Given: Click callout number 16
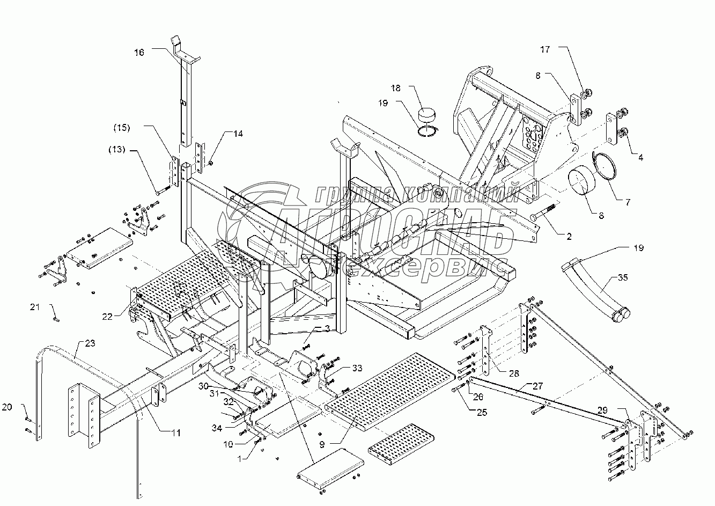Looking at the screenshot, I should point(139,52).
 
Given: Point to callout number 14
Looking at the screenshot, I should point(237,134).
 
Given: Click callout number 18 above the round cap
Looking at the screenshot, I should point(411,87).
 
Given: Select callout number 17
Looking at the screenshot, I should point(545,50).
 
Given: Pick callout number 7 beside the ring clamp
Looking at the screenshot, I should point(627,202).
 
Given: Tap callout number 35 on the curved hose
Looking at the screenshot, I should point(623,277).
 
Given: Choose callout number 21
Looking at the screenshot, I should point(34,307).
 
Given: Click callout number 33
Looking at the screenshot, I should point(357,368).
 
